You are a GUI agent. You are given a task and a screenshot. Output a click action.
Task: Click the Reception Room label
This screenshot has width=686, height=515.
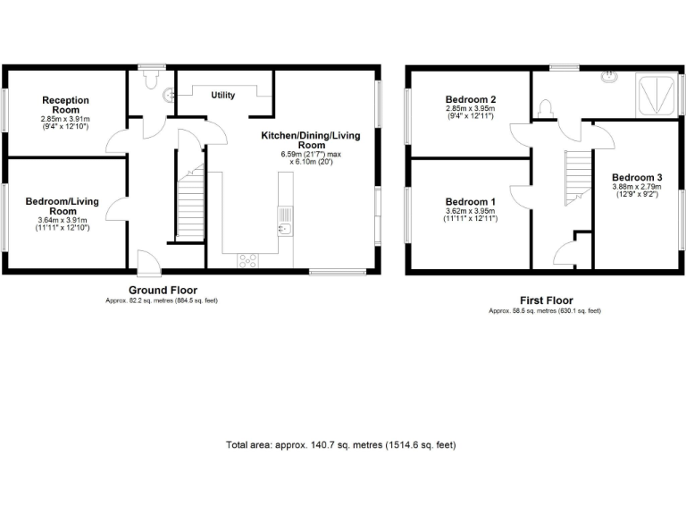pyautogui.click(x=66, y=105)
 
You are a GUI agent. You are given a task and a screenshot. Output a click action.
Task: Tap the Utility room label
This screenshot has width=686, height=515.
pyautogui.click(x=222, y=95)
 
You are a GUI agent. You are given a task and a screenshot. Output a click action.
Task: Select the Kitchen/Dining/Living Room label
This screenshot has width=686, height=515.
pyautogui.click(x=312, y=139)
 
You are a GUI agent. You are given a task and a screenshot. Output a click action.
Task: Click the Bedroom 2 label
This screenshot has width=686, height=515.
pyautogui.click(x=470, y=99)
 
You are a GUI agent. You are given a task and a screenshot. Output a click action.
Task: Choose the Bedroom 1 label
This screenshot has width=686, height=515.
pyautogui.click(x=470, y=201)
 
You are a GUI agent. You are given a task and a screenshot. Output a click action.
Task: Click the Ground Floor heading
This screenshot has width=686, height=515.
pyautogui.click(x=163, y=290)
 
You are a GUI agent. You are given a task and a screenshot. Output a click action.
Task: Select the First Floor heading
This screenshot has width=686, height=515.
pyautogui.click(x=546, y=300)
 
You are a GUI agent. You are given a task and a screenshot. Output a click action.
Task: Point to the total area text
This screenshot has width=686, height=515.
pyautogui.click(x=342, y=444)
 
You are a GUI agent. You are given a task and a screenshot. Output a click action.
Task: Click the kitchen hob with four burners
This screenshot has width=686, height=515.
pyautogui.click(x=247, y=260)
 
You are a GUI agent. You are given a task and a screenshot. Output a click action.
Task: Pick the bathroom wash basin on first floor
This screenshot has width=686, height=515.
pyautogui.click(x=611, y=76)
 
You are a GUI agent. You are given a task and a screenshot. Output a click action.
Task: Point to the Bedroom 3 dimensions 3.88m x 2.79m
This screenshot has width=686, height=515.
pyautogui.click(x=636, y=190)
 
